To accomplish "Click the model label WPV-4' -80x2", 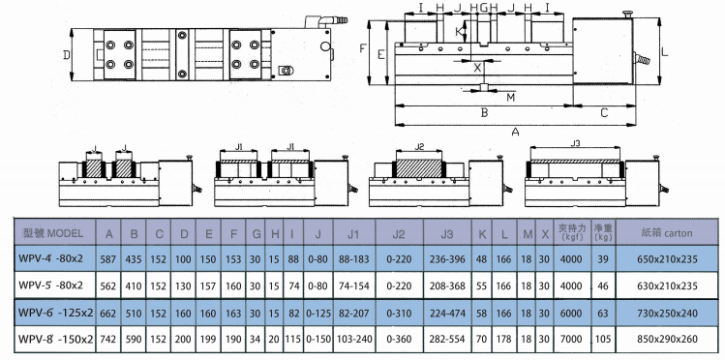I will click(x=53, y=259).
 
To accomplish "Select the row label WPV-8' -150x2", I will click(x=53, y=339).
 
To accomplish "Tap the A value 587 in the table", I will click(x=108, y=259).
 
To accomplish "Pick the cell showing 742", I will click(x=108, y=339).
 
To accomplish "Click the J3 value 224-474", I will click(x=446, y=313).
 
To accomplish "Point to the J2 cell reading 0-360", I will click(x=399, y=339).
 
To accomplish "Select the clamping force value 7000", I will click(x=569, y=339).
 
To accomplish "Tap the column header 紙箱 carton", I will click(x=668, y=233).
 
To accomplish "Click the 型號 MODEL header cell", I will click(x=53, y=233).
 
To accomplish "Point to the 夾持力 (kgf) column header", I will click(x=569, y=233).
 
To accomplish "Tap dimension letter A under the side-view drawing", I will click(x=515, y=131).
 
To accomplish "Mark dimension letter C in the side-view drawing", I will click(x=604, y=112).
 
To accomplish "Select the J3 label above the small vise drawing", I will click(x=575, y=143).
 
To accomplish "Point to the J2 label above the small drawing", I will click(x=418, y=147).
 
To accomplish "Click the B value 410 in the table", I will click(x=135, y=285).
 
